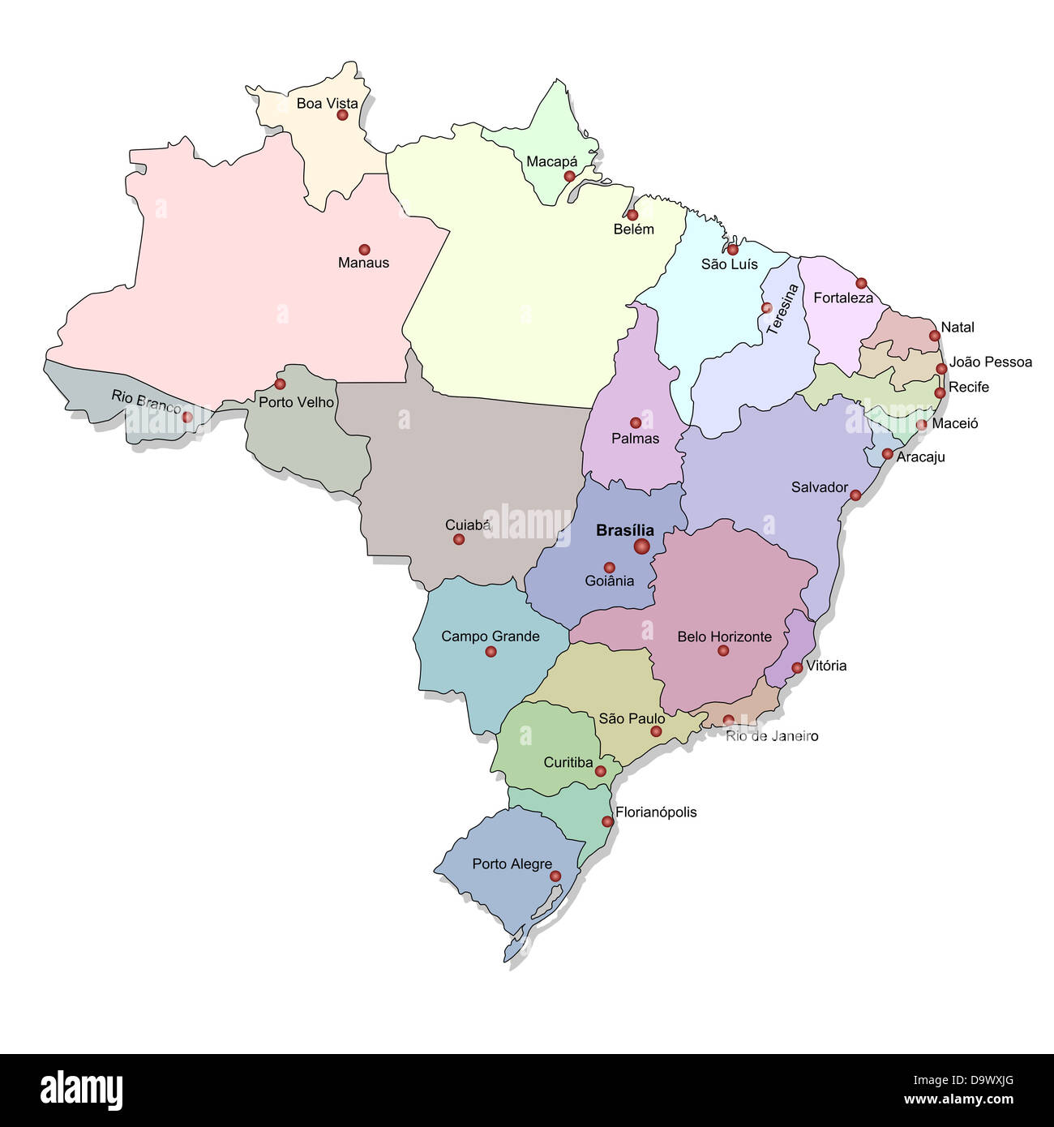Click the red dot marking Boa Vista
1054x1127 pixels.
342,115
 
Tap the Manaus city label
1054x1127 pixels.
363,263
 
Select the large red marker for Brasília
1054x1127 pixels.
641,546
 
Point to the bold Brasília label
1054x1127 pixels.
624,530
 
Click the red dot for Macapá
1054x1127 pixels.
569,176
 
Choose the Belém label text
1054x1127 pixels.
633,229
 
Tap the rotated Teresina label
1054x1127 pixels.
782,309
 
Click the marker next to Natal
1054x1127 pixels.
934,336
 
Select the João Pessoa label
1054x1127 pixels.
990,362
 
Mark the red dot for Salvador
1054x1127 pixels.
855,495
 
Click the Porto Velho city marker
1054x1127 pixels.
280,384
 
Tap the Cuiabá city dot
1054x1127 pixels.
459,539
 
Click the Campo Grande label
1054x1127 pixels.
490,636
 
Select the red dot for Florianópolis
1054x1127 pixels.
607,821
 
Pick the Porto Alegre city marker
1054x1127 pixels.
555,876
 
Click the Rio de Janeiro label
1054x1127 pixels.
772,736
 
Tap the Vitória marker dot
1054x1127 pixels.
797,667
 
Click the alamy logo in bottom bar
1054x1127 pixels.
81,1089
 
